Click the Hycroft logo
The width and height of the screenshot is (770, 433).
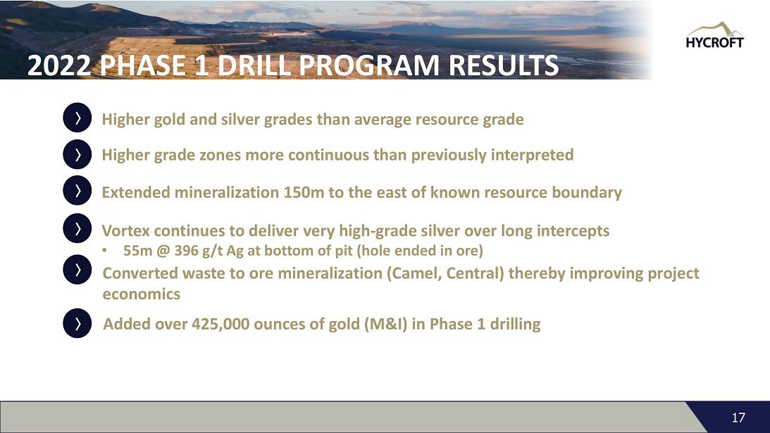714,35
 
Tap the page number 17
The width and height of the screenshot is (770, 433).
738,418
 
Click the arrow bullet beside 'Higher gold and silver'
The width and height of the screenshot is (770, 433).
77,118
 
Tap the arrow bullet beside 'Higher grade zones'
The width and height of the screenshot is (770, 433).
77,154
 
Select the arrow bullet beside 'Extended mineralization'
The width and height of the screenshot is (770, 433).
77,191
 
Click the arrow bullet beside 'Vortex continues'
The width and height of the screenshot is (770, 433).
77,228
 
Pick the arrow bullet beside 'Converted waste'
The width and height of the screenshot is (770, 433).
77,270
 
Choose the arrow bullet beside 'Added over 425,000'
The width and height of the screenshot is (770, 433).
77,323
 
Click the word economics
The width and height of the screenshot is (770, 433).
142,294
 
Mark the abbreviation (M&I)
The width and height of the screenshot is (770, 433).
386,324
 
